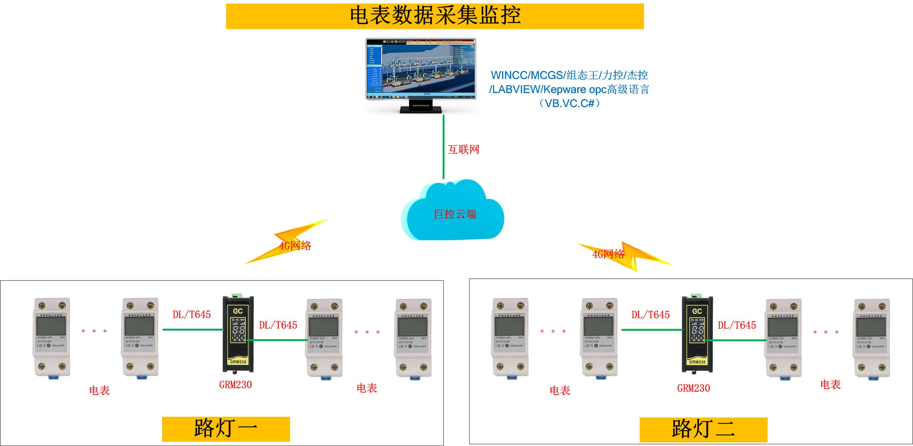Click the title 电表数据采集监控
coord(435,16)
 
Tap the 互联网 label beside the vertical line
coord(463,149)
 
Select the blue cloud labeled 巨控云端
coord(453,213)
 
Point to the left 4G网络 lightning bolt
coord(287,242)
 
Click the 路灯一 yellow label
coord(226,429)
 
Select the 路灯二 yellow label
coord(703,429)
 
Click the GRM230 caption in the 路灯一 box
coord(235,385)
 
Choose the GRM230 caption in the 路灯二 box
coord(693,388)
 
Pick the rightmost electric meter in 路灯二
coord(871,339)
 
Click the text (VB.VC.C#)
coord(569,104)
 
